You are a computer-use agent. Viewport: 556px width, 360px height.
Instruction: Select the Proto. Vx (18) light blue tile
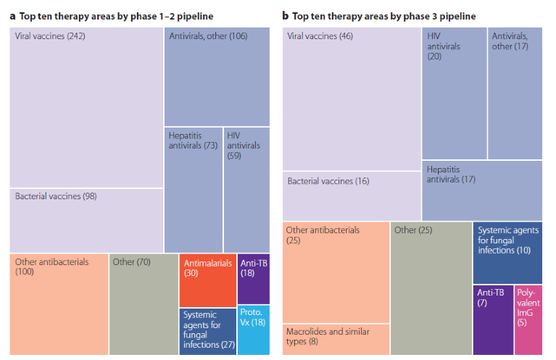(253, 330)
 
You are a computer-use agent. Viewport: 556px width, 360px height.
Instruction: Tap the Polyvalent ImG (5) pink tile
(528, 319)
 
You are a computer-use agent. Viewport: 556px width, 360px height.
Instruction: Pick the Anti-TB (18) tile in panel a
(253, 279)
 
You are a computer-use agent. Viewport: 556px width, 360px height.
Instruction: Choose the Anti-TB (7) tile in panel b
(493, 319)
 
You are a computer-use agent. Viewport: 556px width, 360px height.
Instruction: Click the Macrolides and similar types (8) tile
(336, 338)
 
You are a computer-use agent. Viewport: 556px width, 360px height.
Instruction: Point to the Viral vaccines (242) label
(50, 35)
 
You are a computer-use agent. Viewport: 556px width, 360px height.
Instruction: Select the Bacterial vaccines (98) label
(56, 196)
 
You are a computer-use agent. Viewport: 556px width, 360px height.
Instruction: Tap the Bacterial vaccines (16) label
(328, 181)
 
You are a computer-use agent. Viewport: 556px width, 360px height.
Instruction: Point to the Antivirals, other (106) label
(208, 35)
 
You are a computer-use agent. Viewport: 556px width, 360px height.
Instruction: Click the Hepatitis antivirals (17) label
(451, 174)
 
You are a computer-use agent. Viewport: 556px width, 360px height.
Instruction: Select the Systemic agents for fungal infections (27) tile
(207, 330)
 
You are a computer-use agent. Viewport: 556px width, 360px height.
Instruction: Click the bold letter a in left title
(13, 15)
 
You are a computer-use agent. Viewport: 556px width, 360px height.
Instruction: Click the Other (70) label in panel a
(131, 261)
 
